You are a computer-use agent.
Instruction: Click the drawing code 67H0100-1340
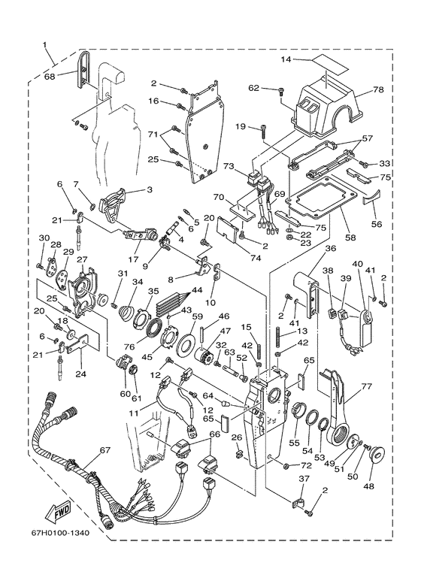coord(60,533)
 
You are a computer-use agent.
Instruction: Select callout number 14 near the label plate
coord(286,59)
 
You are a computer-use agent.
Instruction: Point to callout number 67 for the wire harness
coord(105,450)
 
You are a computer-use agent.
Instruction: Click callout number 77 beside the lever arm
coord(366,386)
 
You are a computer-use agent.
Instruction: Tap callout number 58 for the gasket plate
coord(350,238)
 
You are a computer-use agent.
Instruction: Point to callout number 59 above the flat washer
coord(198,316)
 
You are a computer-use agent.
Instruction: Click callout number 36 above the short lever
coord(331,248)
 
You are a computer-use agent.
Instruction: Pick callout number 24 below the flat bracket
coord(80,374)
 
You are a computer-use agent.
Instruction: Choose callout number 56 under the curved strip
coord(377,224)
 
